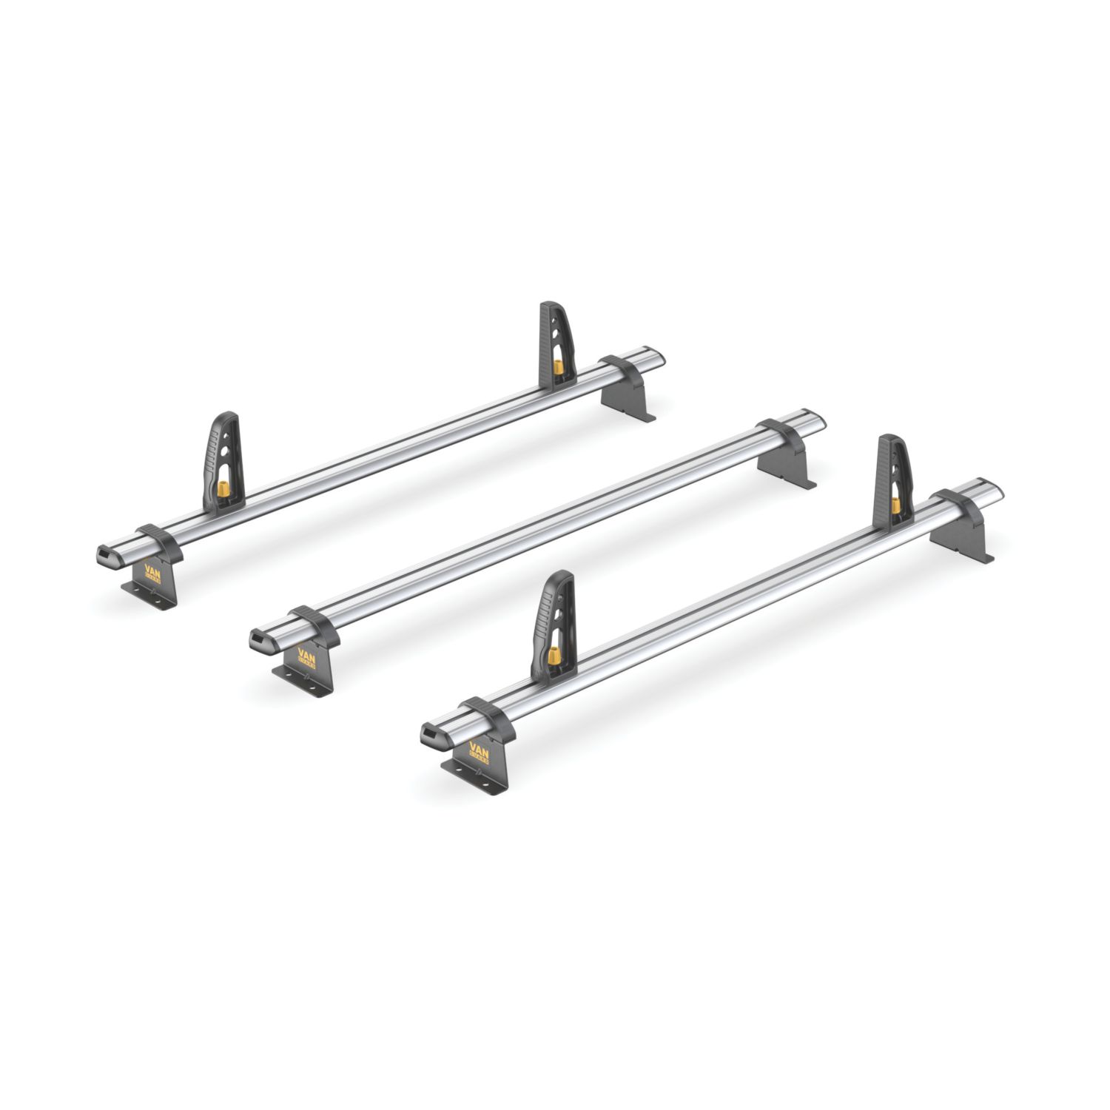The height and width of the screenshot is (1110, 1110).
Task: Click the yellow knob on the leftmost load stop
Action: [x=221, y=489]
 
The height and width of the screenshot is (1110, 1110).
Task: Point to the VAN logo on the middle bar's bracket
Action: [x=306, y=658]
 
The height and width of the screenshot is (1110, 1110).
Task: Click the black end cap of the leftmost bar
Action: [x=106, y=556]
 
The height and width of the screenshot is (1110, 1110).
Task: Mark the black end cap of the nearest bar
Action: [x=430, y=735]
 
